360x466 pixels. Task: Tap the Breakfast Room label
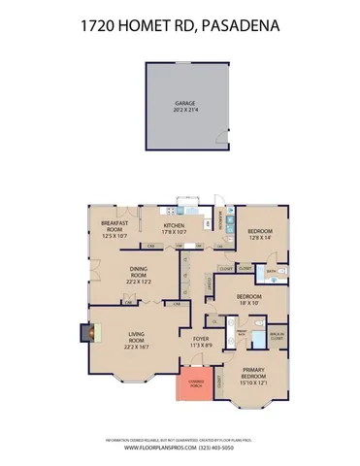(x=115, y=230)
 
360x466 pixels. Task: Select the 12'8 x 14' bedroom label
(x=258, y=233)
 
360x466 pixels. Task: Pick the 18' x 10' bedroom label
(x=248, y=298)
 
